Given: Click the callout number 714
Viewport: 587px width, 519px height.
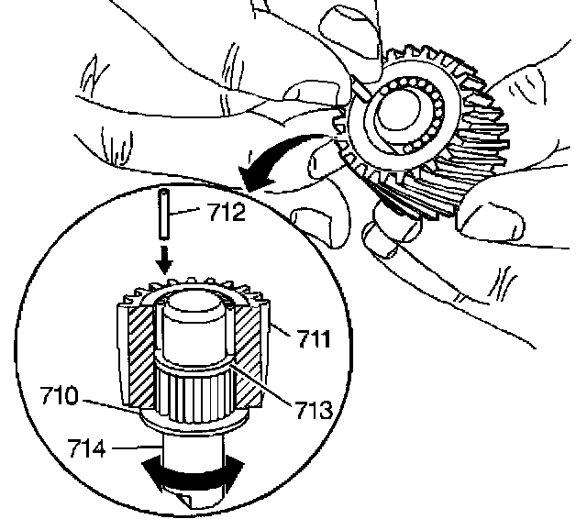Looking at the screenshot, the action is tap(89, 447).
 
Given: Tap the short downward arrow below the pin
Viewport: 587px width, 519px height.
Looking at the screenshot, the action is tap(165, 259).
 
